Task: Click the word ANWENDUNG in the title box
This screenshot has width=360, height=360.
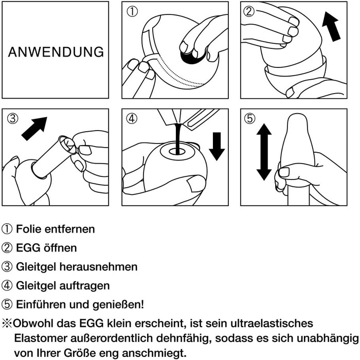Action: pos(56,52)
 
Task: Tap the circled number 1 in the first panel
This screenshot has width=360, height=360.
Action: pos(132,12)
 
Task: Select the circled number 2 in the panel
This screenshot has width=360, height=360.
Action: pos(249,11)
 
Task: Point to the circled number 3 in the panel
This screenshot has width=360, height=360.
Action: pos(13,119)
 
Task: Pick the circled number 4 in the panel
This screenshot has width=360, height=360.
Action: pos(132,119)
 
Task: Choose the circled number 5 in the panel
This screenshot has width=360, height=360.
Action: pos(250,119)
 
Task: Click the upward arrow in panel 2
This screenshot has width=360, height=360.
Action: pos(331,27)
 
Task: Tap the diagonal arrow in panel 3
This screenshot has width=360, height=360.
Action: pos(34,129)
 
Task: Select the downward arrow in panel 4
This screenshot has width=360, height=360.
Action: pos(217,146)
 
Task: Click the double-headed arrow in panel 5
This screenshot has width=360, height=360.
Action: pos(264,152)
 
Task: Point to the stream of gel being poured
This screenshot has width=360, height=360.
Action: pos(178,139)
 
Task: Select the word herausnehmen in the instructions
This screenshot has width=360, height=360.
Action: pos(99,267)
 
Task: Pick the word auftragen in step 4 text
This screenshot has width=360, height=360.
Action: pos(84,286)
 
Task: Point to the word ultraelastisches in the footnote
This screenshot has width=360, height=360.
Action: pos(272,323)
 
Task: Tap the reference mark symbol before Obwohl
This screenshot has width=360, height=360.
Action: pos(7,323)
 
